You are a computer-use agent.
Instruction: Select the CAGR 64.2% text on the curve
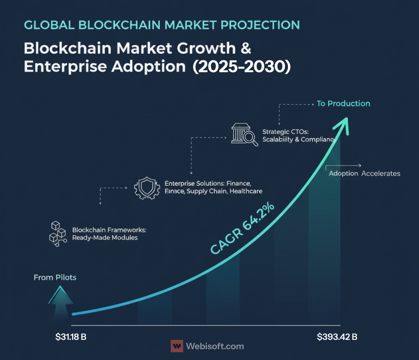243,228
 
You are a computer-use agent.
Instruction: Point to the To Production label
343,104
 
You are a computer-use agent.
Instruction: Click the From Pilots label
55,277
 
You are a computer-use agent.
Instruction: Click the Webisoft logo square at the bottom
177,346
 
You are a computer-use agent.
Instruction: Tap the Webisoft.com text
215,347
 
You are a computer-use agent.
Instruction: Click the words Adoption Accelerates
364,173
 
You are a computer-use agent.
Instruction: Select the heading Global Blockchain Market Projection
162,25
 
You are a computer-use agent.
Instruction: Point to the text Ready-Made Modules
105,238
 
